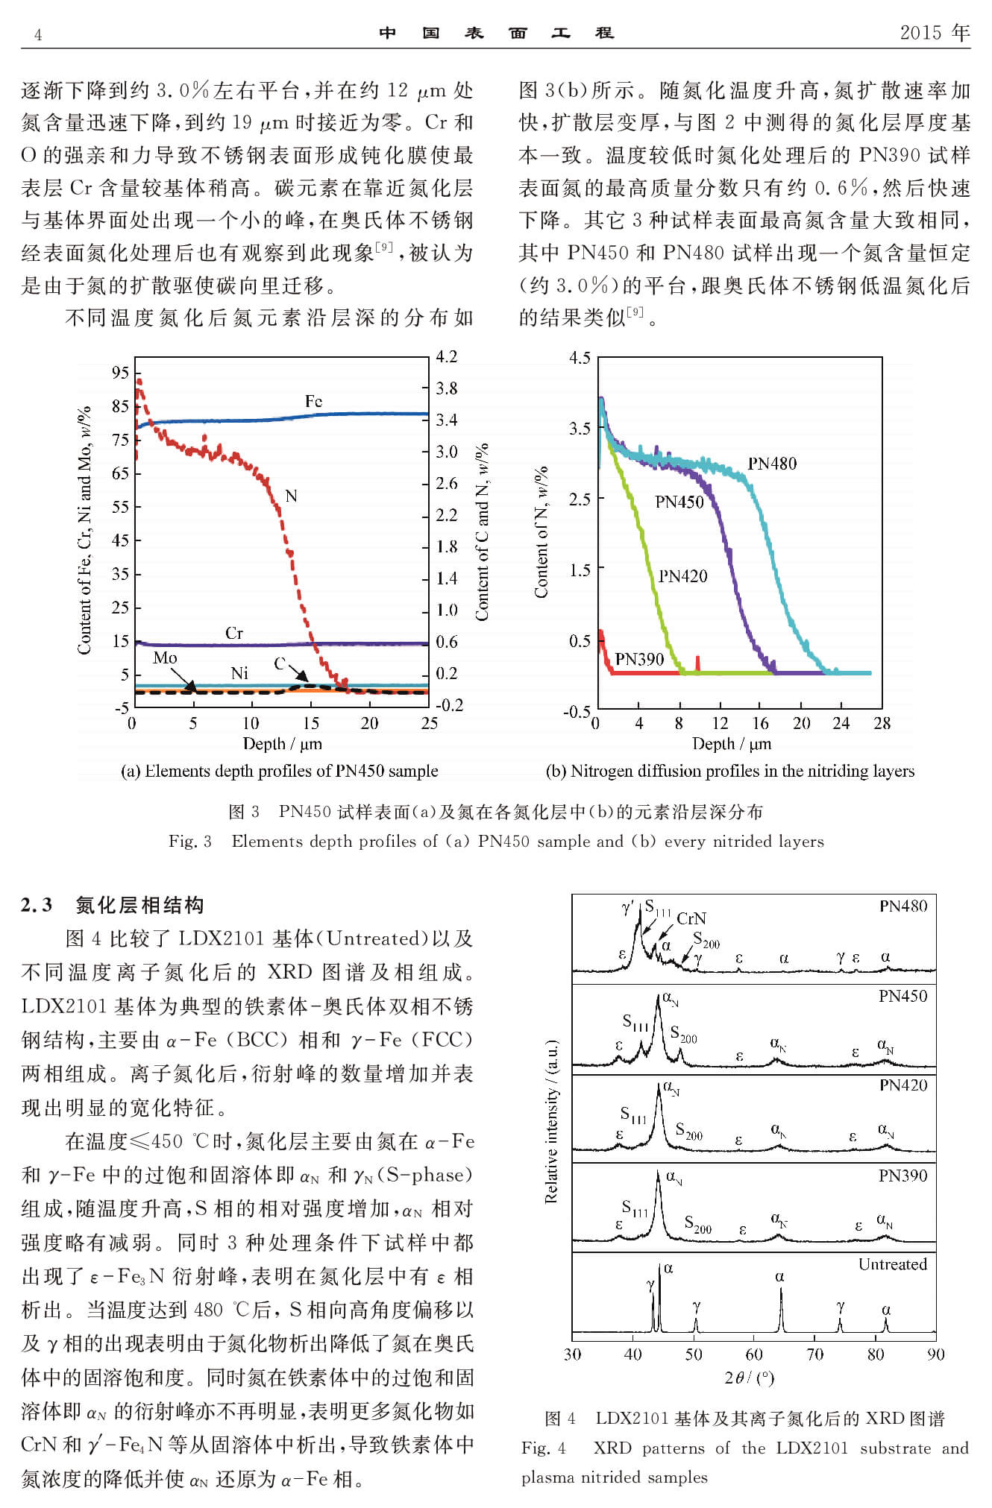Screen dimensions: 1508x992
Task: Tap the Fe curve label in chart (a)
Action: click(x=313, y=401)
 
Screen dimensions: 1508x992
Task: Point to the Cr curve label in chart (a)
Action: click(x=234, y=633)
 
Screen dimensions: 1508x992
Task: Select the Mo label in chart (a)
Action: click(x=165, y=657)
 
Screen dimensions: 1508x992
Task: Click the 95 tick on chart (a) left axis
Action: click(x=120, y=373)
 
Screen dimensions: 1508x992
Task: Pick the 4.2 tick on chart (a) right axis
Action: click(x=446, y=356)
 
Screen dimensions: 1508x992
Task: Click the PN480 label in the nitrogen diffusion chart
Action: click(x=772, y=464)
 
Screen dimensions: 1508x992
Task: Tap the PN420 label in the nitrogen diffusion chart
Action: click(x=682, y=576)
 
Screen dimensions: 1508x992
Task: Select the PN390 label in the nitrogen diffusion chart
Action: click(x=639, y=659)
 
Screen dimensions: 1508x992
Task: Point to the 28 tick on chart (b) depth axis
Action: click(x=882, y=722)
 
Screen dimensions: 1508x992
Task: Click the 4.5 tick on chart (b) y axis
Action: click(x=580, y=358)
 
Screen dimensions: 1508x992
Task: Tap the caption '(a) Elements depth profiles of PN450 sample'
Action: click(x=279, y=771)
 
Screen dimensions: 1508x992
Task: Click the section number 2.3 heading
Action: click(x=37, y=905)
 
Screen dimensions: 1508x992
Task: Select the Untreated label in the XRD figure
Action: click(x=892, y=1264)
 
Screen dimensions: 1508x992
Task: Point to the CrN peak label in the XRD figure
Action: click(x=691, y=918)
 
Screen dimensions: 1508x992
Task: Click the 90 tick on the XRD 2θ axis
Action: click(x=935, y=1354)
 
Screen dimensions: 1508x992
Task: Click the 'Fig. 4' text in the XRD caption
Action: click(x=543, y=1448)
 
